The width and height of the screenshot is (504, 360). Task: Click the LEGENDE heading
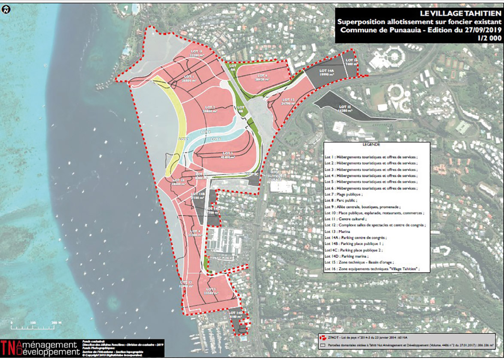[x=371, y=145]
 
